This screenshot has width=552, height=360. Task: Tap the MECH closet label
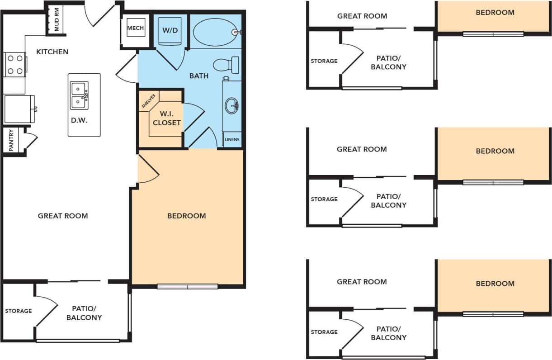[x=135, y=28]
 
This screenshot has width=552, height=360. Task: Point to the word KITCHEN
[x=52, y=52]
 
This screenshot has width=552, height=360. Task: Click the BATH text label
[x=199, y=76]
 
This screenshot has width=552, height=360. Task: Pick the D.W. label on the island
[x=79, y=120]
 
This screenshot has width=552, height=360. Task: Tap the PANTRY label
[x=11, y=141]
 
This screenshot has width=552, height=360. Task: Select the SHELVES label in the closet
[x=149, y=101]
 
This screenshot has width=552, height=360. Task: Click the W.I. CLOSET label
[x=166, y=118]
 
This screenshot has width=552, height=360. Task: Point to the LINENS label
[x=232, y=139]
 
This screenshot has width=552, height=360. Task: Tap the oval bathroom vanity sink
[x=231, y=106]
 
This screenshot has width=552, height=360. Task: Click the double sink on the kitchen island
[x=80, y=95]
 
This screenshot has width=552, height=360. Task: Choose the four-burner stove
[x=14, y=65]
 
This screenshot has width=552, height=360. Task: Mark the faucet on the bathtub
[x=236, y=32]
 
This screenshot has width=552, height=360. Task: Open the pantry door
[x=30, y=140]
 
